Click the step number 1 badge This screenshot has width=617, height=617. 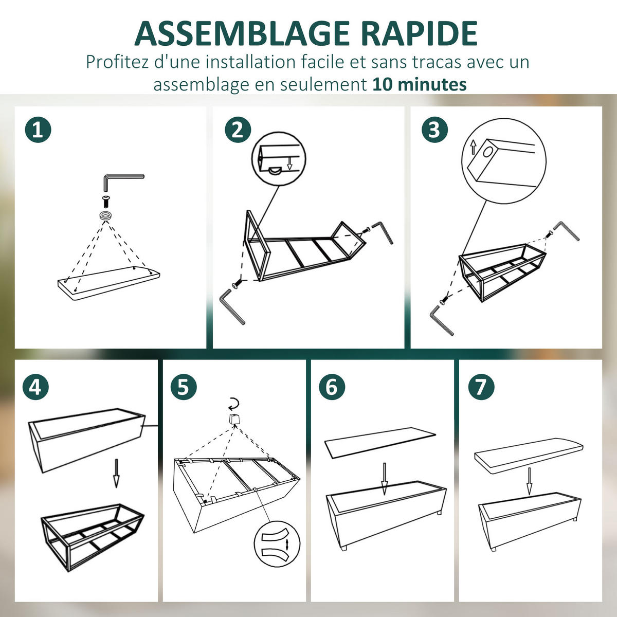[x=38, y=130]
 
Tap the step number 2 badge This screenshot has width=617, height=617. [x=238, y=130]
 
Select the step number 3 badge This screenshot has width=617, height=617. [x=434, y=130]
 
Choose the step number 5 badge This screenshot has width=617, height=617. [x=184, y=387]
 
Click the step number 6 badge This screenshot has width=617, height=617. [x=332, y=387]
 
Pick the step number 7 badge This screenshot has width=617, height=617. [x=481, y=387]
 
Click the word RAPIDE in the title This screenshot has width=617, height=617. [x=419, y=33]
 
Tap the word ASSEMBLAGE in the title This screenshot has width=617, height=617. [x=242, y=33]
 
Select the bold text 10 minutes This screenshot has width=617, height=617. [x=420, y=84]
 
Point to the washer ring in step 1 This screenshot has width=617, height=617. [x=106, y=215]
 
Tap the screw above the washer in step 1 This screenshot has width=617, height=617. [x=106, y=202]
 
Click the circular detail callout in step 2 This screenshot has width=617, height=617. [x=279, y=159]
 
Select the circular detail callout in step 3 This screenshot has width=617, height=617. [x=504, y=161]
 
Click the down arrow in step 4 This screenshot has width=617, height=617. [x=116, y=473]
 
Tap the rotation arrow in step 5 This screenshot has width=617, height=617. [x=233, y=404]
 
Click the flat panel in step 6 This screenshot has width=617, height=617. [x=380, y=443]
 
